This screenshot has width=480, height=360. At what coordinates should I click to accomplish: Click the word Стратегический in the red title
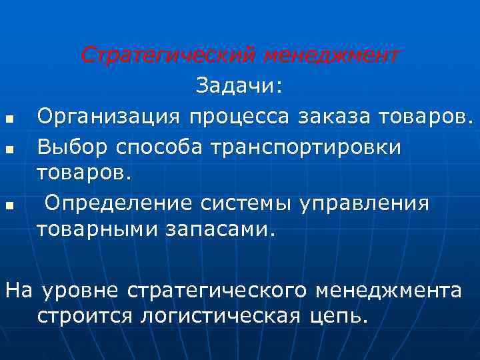[x=168, y=55]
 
